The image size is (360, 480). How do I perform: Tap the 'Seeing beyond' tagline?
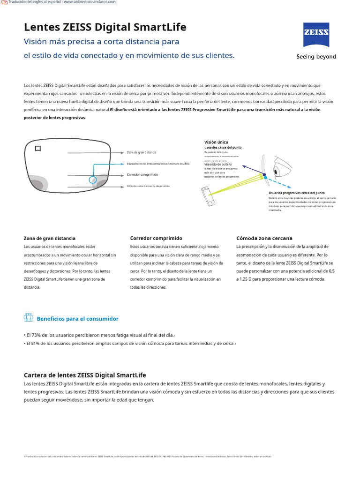click(316, 57)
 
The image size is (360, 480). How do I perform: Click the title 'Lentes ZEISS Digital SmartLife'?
click(105, 27)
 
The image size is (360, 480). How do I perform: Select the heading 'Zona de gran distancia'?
click(50, 238)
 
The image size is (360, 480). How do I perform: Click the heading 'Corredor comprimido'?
click(156, 238)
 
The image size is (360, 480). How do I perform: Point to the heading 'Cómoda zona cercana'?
click(264, 238)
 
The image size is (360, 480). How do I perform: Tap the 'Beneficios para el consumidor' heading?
click(77, 319)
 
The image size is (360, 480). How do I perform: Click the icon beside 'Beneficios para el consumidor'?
click(28, 318)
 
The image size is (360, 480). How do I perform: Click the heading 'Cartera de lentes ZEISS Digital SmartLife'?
click(85, 375)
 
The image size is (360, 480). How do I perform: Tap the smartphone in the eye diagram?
click(209, 195)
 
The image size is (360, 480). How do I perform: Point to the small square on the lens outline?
click(38, 149)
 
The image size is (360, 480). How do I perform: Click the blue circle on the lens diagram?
click(93, 180)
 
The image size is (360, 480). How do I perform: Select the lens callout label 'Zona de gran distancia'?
click(142, 152)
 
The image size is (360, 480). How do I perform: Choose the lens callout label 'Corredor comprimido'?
click(142, 174)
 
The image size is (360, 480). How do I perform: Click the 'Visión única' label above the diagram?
click(216, 142)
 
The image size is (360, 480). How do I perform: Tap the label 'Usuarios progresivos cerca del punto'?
click(296, 193)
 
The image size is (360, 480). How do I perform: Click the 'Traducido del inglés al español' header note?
click(62, 2)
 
